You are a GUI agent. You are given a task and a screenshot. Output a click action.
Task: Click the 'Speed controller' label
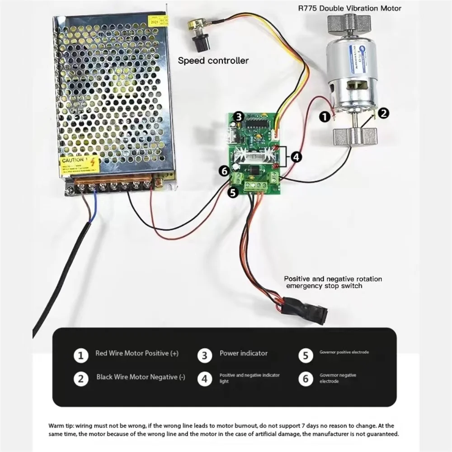click(x=213, y=60)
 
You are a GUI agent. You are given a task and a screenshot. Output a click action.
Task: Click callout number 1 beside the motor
click(x=324, y=116)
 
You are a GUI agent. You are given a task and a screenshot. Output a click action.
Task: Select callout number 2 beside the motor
click(x=383, y=113)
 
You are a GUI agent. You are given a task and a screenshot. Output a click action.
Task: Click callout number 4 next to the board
click(x=296, y=157)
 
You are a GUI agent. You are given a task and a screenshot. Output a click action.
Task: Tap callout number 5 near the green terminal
click(x=233, y=193)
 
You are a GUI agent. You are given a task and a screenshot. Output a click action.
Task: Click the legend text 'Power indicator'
click(x=244, y=353)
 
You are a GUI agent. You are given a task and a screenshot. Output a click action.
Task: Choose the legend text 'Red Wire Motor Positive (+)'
click(x=137, y=353)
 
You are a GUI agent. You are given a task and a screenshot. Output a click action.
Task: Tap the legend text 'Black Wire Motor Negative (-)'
click(x=141, y=377)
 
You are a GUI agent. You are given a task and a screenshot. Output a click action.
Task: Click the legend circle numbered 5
click(x=306, y=356)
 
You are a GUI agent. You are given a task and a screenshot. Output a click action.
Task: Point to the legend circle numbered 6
click(x=306, y=378)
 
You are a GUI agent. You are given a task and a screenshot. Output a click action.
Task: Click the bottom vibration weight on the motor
click(x=355, y=136)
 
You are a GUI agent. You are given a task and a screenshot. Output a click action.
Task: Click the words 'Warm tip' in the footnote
click(x=61, y=425)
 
